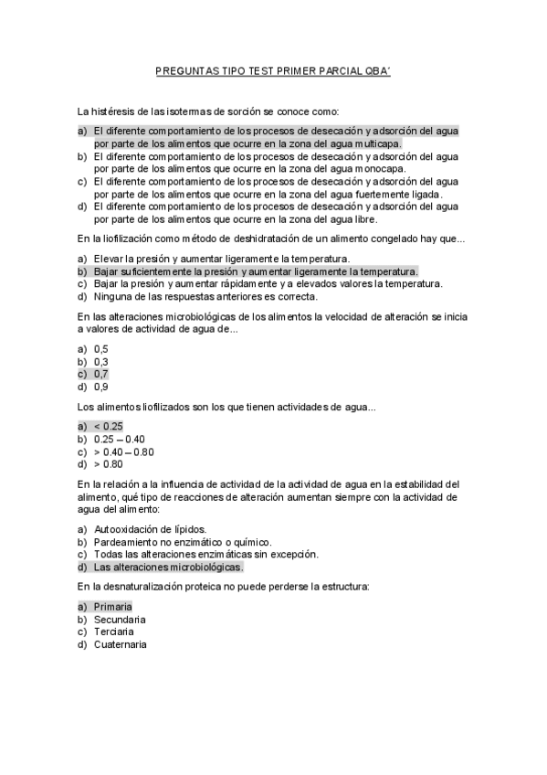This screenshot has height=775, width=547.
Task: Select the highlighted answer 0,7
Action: pos(101,374)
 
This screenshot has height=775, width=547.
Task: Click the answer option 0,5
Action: pos(101,349)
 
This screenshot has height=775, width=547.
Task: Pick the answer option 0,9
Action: pos(101,386)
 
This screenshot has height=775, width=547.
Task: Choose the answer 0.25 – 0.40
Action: pos(120,439)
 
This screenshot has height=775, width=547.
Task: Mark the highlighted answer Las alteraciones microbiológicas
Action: pos(168,567)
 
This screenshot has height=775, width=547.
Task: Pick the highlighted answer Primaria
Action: pos(113,606)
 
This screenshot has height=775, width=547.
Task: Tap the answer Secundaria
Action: pos(120,619)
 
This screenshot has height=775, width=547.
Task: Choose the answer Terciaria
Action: pos(114,632)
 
